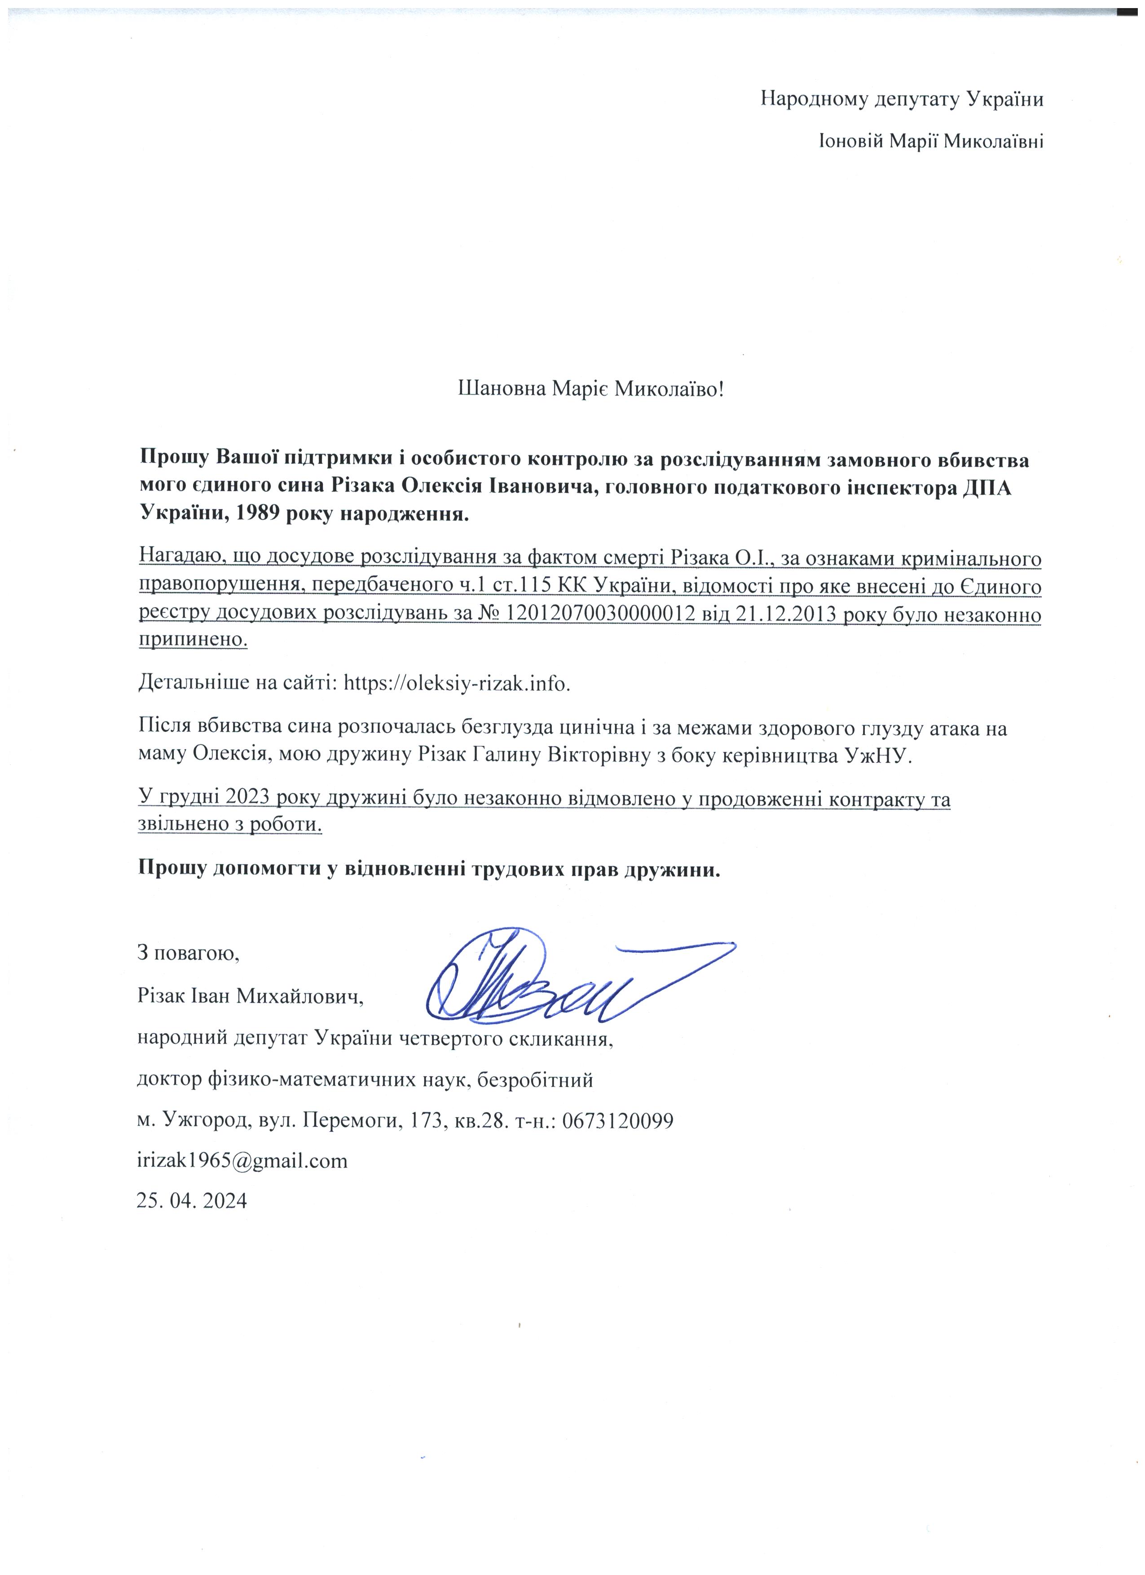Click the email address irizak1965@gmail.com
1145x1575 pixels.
[x=242, y=1161]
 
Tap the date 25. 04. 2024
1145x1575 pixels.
[x=192, y=1201]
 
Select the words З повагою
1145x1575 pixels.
[x=188, y=953]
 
